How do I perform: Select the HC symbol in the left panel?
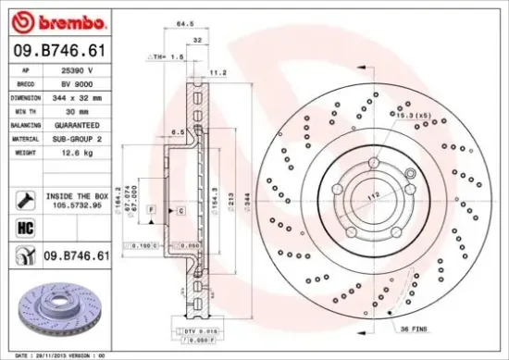coord(25,228)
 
